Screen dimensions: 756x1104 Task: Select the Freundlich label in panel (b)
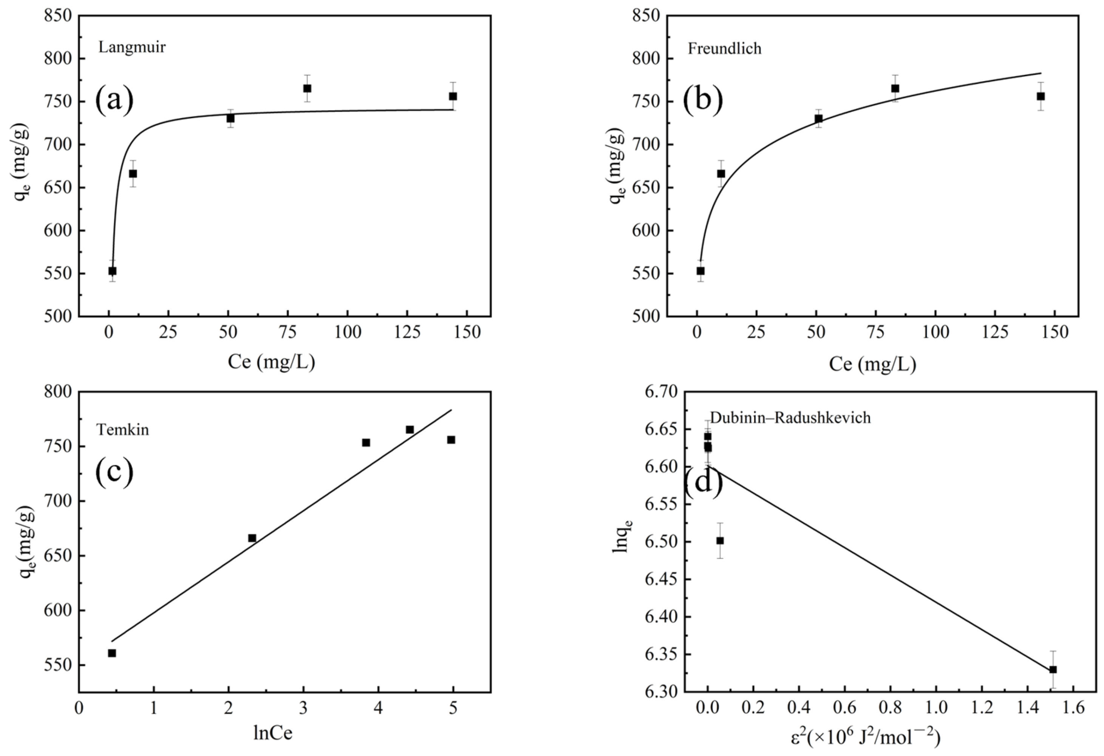click(x=724, y=48)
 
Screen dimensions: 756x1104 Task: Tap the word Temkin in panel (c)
click(x=122, y=430)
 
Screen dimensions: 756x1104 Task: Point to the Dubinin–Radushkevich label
click(x=790, y=418)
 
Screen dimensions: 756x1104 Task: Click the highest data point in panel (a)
click(x=307, y=88)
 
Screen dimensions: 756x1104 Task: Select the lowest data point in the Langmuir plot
click(x=113, y=271)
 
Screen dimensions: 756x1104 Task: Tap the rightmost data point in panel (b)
click(x=1041, y=96)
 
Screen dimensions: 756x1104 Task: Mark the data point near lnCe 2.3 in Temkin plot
click(x=252, y=538)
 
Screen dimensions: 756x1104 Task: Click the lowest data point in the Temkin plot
click(x=112, y=653)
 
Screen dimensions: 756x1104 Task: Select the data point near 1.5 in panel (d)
click(x=1053, y=670)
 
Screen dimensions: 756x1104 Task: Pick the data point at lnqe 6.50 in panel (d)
click(x=720, y=540)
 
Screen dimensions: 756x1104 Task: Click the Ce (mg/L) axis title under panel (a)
click(x=271, y=363)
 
